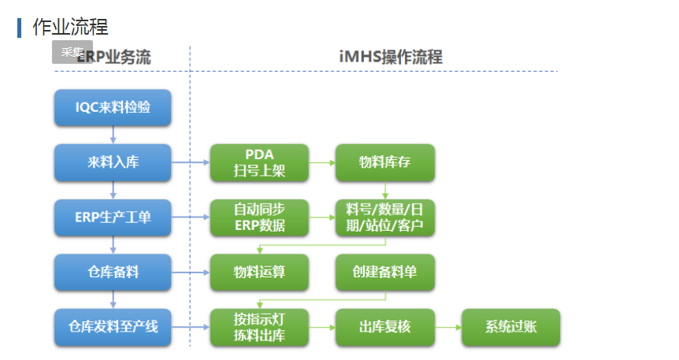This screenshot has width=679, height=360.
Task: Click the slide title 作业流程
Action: [x=70, y=27]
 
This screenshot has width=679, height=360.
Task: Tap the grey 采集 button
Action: [x=72, y=52]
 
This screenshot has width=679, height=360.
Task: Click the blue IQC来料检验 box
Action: [x=113, y=108]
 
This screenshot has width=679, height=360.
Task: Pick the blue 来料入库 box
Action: [x=113, y=163]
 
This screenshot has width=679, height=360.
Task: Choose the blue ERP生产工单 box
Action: [x=113, y=217]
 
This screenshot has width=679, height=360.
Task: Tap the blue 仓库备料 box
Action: [x=113, y=272]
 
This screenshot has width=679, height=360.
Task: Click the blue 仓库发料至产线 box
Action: [x=113, y=326]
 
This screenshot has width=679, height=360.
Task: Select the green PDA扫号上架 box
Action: [x=259, y=163]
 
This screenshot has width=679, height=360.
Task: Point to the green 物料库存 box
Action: [x=384, y=163]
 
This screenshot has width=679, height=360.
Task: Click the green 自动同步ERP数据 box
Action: [x=259, y=217]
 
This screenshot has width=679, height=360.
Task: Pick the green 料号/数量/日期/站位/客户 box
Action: [x=384, y=217]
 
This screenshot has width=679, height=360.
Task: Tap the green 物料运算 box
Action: [x=259, y=272]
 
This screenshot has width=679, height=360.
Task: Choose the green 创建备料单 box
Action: [x=384, y=272]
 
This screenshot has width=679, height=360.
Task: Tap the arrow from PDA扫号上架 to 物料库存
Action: [x=321, y=163]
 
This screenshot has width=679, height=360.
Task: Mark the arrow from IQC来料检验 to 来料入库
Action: [x=113, y=135]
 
